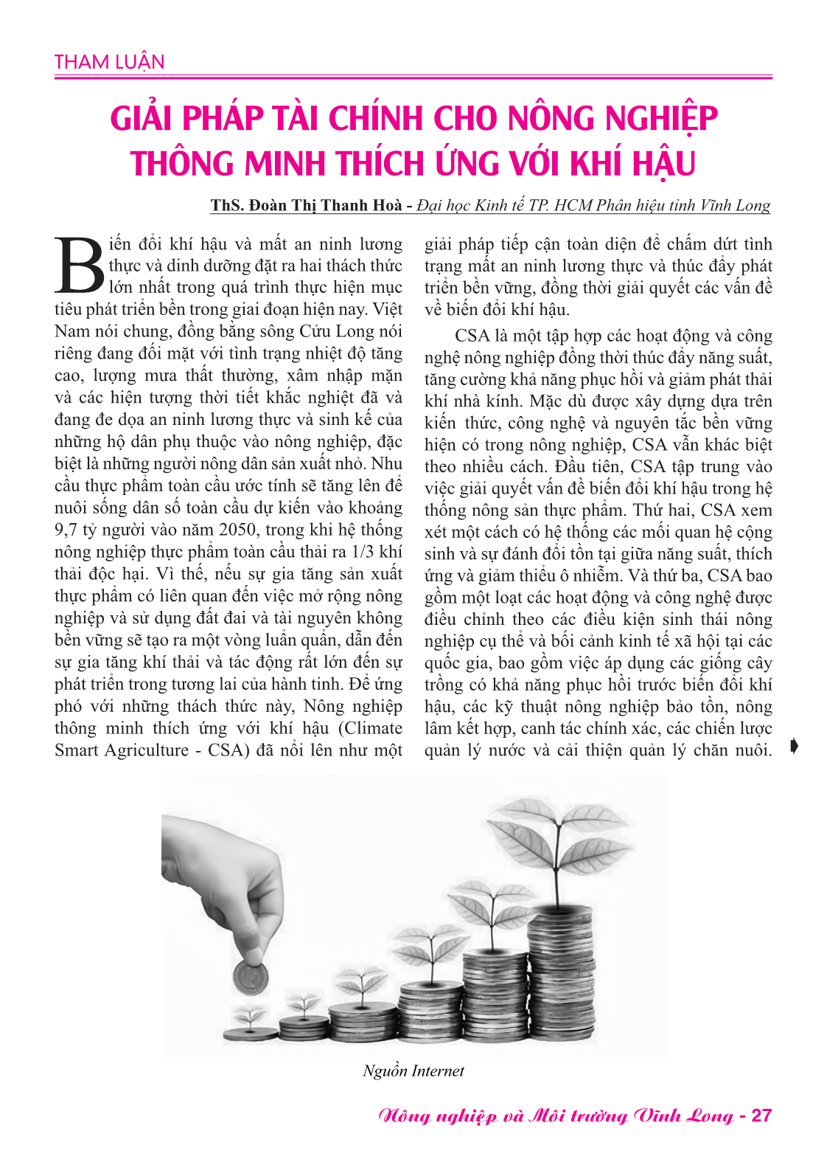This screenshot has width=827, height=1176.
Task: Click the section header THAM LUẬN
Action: [x=109, y=62]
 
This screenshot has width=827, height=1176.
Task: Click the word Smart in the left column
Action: [x=76, y=750]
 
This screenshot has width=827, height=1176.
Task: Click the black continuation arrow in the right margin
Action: [x=793, y=747]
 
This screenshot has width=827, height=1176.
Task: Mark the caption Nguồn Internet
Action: [x=413, y=1071]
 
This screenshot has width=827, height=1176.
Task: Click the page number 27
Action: [x=761, y=1116]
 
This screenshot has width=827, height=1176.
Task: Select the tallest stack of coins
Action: [x=560, y=974]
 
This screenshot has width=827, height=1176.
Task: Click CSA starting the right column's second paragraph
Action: [x=472, y=336]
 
